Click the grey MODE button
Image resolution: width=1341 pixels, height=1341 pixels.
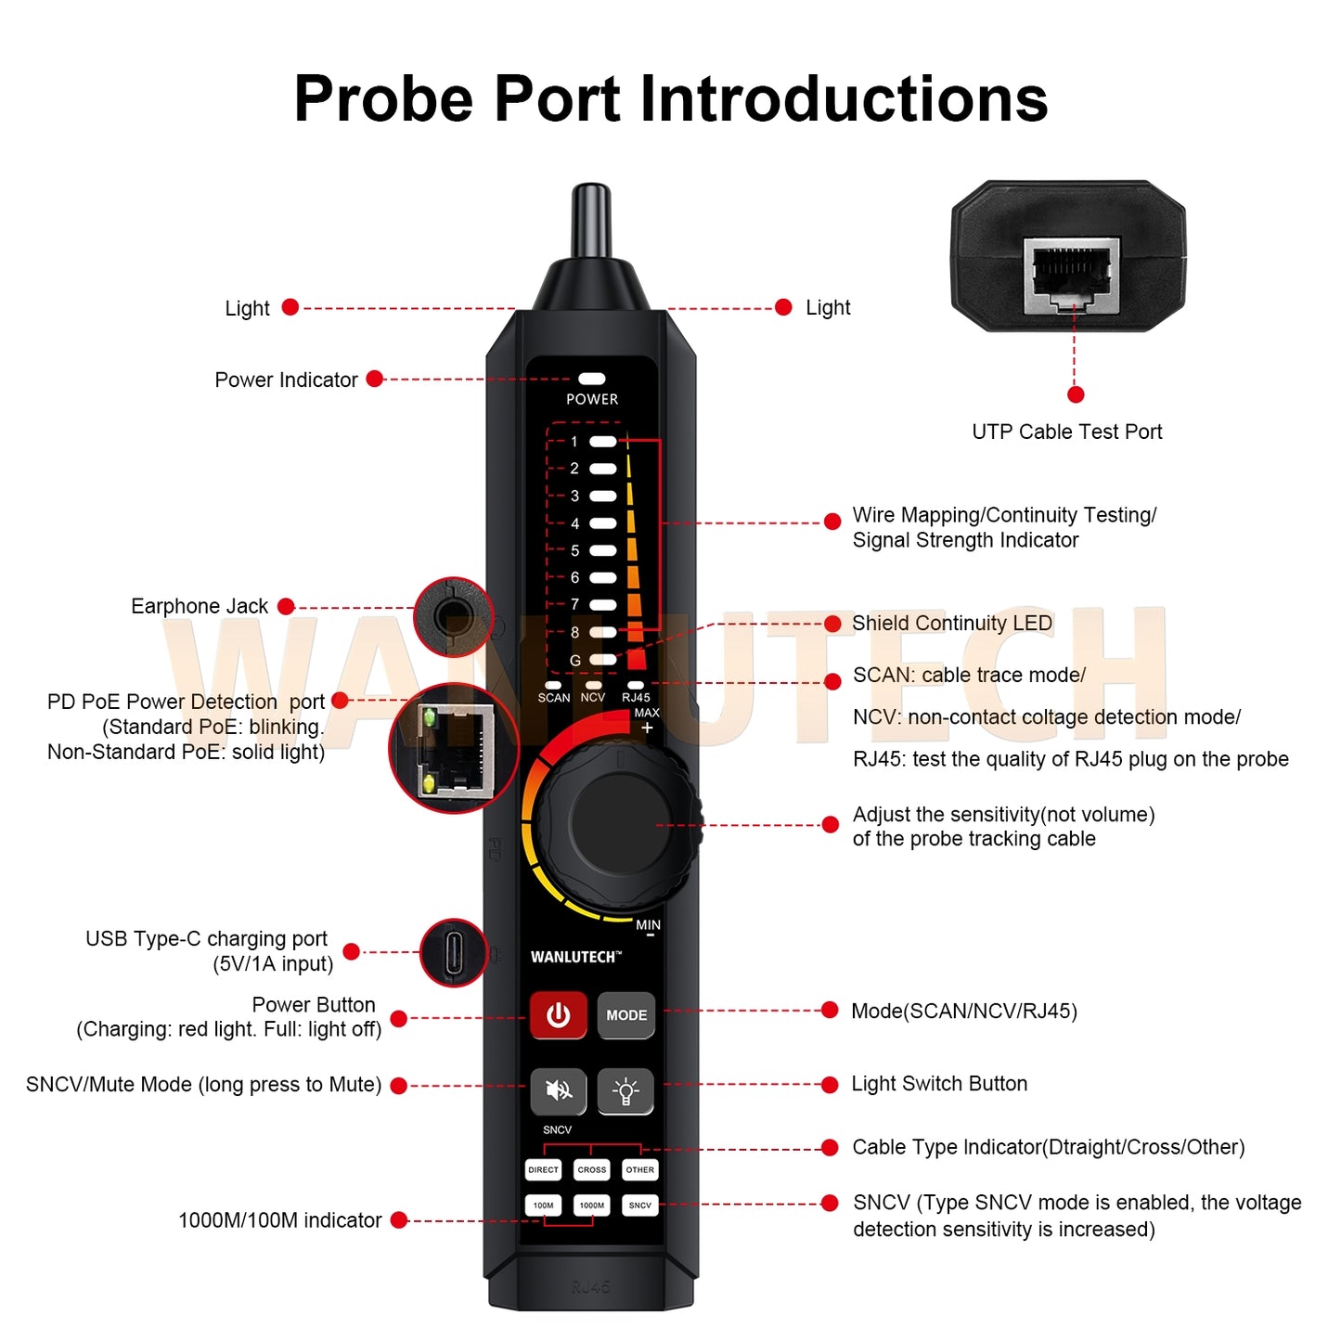[x=626, y=1015]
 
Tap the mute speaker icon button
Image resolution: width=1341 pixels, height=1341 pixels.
[x=558, y=1090]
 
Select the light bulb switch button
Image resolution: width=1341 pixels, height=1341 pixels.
[x=625, y=1090]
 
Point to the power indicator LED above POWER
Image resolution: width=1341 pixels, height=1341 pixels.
[x=592, y=379]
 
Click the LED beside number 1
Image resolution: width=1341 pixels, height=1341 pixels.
[x=603, y=442]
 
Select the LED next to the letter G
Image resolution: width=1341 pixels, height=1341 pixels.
[x=603, y=660]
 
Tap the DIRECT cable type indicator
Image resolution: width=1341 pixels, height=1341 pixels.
[x=543, y=1170]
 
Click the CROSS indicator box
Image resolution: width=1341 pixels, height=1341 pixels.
[x=592, y=1170]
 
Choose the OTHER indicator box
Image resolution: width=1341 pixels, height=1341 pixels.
[x=640, y=1170]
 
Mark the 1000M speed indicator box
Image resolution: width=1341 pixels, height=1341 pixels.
[x=592, y=1206]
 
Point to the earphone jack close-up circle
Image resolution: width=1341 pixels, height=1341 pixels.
[x=454, y=616]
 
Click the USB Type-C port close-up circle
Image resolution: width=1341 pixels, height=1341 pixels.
[x=454, y=953]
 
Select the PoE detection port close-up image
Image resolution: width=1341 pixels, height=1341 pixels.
[x=454, y=749]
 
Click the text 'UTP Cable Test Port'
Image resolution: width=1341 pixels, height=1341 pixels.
[x=1066, y=432]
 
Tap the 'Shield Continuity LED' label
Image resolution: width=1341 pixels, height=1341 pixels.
[x=951, y=624]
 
